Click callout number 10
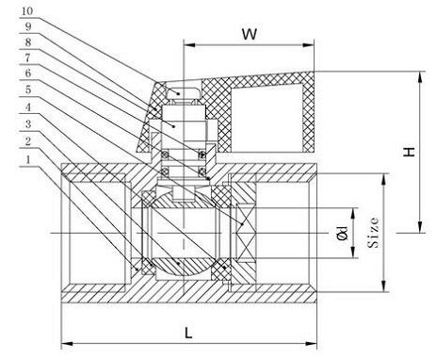pos(27,11)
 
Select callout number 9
pos(28,26)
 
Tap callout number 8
pos(28,42)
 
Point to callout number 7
pos(28,57)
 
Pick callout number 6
pos(28,74)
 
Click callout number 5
pos(28,90)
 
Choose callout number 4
pos(28,107)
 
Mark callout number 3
pos(28,124)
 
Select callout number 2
pos(28,141)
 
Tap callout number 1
pos(28,159)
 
